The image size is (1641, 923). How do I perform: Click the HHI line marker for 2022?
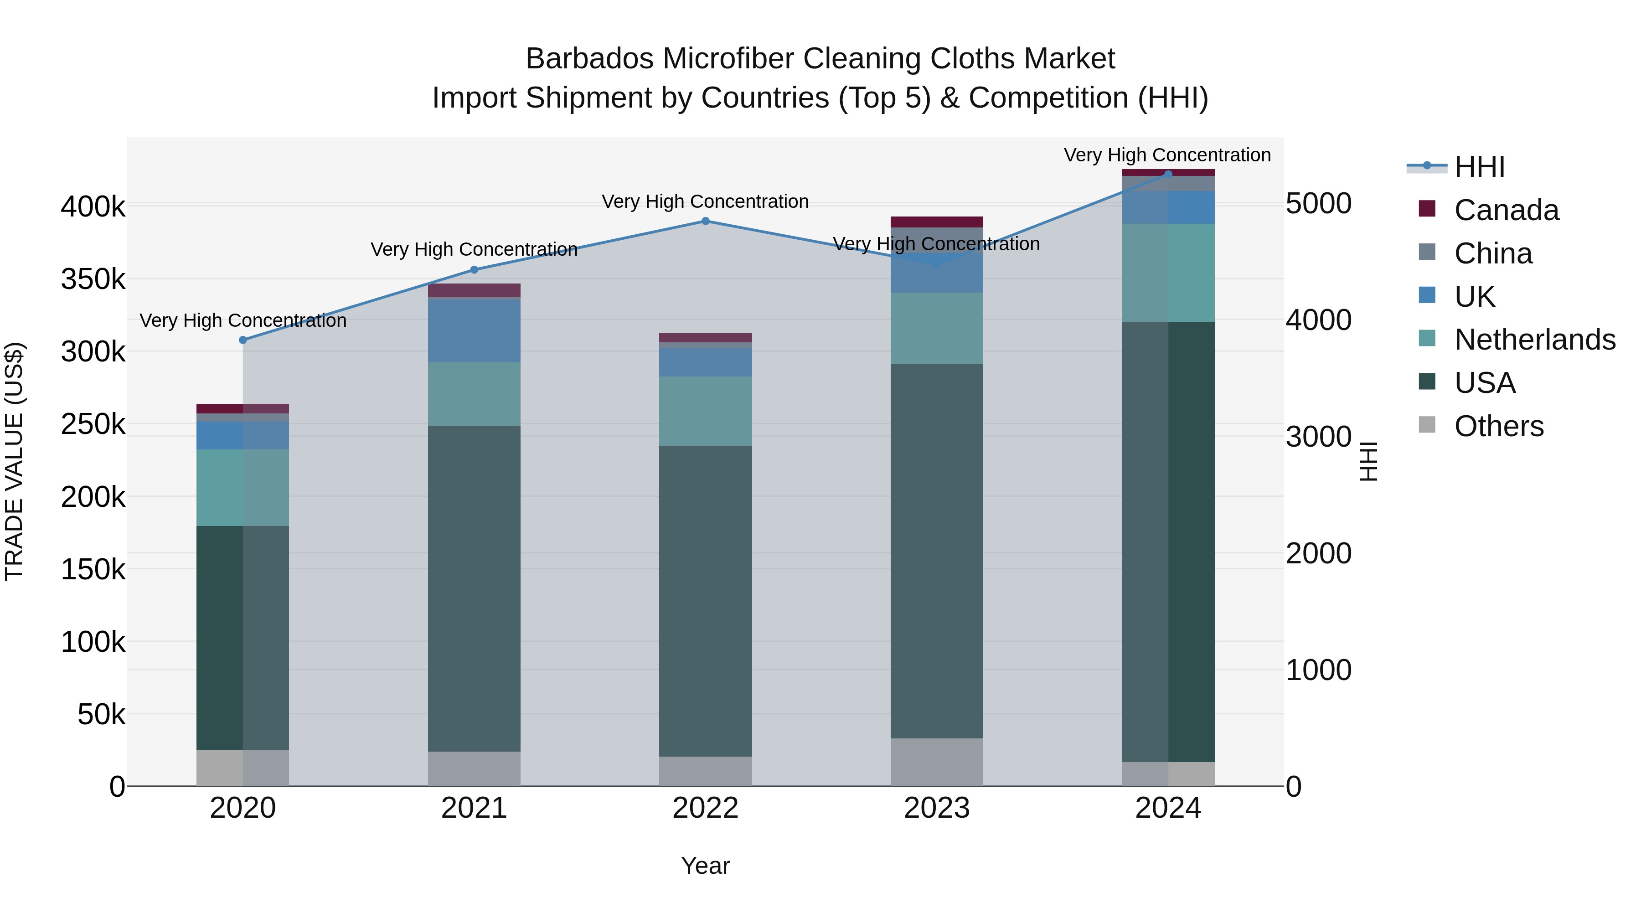[x=705, y=221]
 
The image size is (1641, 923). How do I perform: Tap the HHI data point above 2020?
[x=243, y=340]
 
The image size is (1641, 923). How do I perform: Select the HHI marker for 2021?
[x=474, y=269]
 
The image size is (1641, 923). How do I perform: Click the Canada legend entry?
[x=1506, y=210]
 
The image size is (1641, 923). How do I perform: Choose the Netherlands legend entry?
[x=1534, y=340]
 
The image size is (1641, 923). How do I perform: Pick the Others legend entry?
[x=1498, y=426]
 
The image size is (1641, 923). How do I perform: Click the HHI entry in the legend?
[x=1479, y=167]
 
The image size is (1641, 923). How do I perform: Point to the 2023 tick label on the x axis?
[x=936, y=808]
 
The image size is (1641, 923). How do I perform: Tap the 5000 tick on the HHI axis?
[x=1318, y=204]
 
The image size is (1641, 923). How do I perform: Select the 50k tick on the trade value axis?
[x=101, y=714]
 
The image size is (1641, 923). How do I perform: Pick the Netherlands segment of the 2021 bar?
[x=474, y=394]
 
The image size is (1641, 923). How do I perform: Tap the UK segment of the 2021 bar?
[x=474, y=330]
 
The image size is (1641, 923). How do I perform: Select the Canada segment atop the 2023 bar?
[x=936, y=222]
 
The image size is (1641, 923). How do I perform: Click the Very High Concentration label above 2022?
[x=705, y=201]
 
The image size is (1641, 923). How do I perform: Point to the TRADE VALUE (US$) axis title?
[x=14, y=461]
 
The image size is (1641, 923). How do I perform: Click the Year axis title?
[x=705, y=866]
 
